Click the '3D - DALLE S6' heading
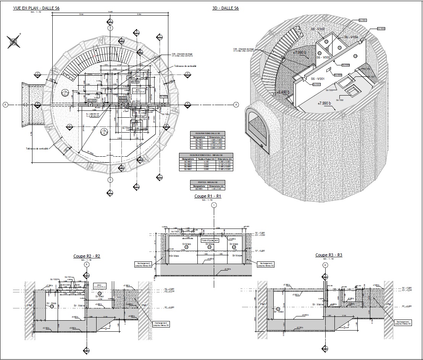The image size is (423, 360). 226,8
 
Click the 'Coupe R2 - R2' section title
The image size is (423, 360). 87,256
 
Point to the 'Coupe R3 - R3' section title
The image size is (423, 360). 329,255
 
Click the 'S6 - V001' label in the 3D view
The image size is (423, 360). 318,78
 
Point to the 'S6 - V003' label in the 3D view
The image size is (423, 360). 318,29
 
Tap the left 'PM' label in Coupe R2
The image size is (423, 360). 30,305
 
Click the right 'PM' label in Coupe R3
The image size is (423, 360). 389,304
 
